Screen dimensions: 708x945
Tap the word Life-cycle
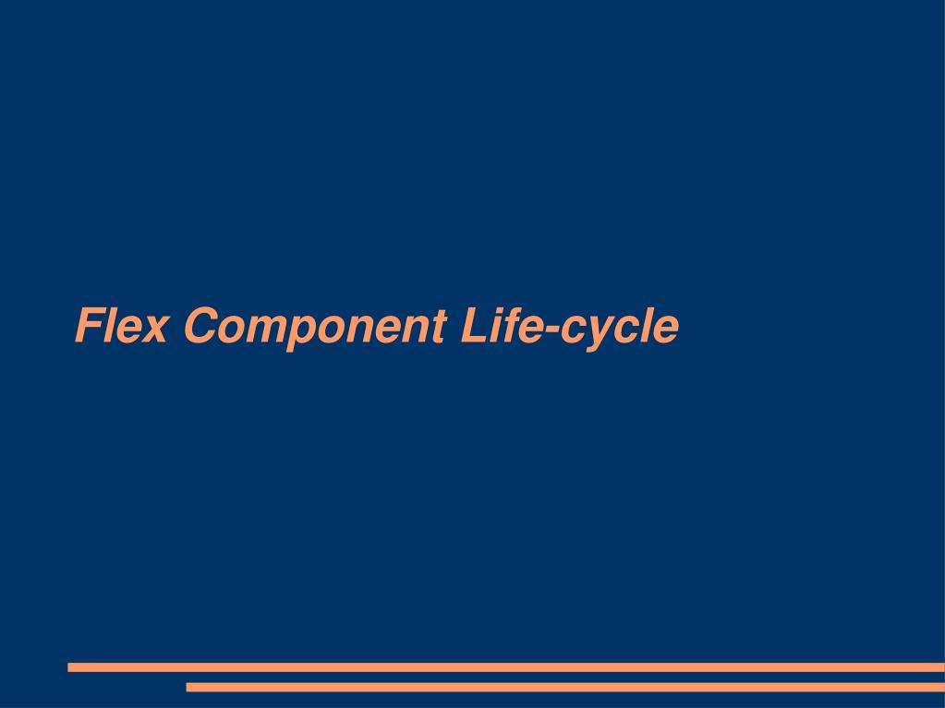pyautogui.click(x=569, y=326)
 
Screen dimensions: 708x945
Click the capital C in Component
pyautogui.click(x=200, y=326)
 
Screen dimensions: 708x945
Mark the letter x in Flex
pyautogui.click(x=154, y=330)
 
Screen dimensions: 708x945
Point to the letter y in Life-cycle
pyautogui.click(x=597, y=333)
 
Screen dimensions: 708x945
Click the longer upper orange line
pyautogui.click(x=506, y=666)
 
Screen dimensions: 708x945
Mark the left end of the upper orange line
pyautogui.click(x=71, y=666)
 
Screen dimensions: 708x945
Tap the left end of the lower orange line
pyautogui.click(x=189, y=687)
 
